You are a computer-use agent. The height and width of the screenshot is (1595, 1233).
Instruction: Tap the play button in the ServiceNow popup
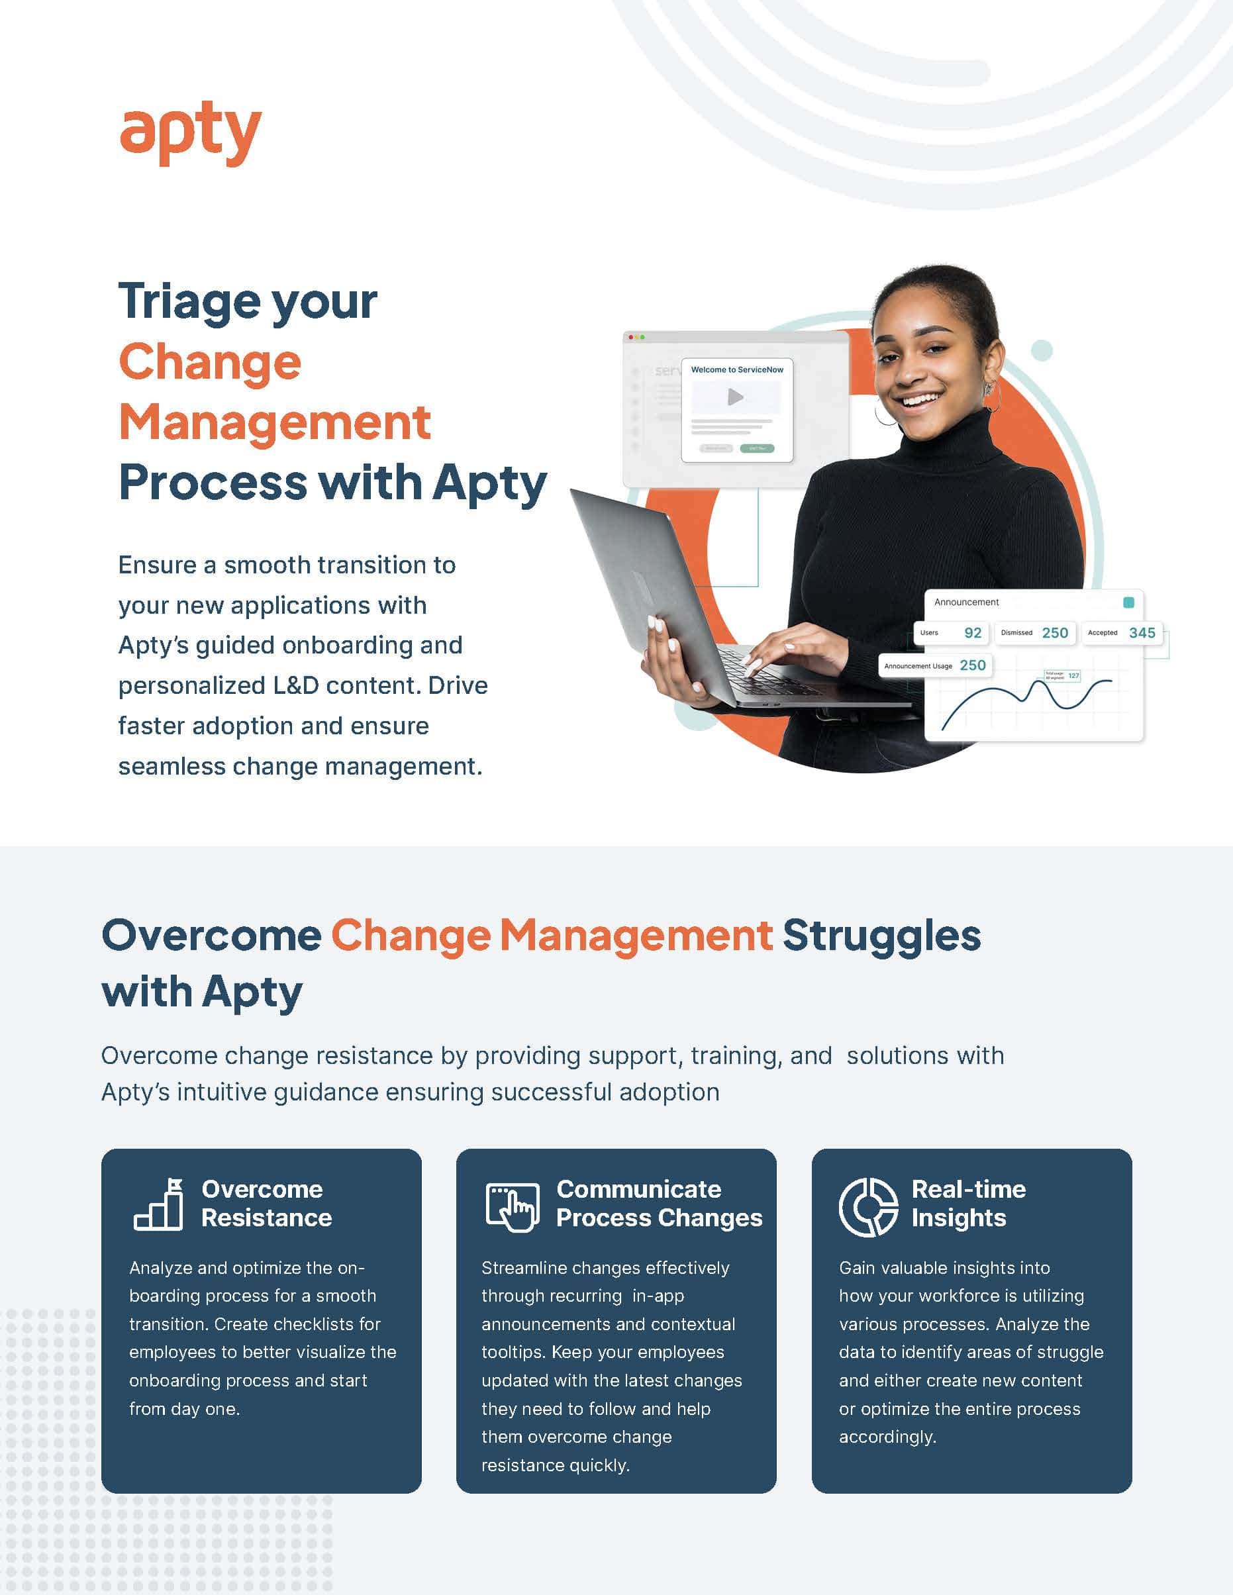coord(736,397)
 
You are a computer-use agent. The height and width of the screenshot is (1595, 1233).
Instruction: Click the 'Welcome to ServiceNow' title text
coord(737,369)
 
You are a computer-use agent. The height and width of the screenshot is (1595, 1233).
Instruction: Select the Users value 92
coord(972,632)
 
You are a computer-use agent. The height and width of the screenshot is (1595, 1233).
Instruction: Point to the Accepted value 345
coord(1142,632)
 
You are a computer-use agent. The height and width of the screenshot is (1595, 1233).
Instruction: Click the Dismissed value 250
coord(1055,632)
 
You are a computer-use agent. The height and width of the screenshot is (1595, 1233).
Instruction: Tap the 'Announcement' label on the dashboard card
coord(965,602)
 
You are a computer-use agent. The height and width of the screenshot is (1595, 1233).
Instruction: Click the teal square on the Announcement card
coord(1128,603)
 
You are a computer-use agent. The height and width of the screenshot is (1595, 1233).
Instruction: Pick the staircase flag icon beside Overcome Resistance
coord(158,1204)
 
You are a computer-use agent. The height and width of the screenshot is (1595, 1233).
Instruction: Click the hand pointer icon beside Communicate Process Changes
coord(513,1206)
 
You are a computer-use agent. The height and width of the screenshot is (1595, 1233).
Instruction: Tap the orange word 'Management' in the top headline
coord(275,423)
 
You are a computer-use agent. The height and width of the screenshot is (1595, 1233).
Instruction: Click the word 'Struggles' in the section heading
coord(881,936)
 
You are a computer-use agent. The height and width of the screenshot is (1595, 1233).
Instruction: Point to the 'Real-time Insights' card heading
coord(968,1204)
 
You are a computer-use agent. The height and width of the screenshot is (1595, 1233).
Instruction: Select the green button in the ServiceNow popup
coord(757,448)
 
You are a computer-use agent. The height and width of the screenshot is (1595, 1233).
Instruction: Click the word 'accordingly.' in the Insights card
coord(887,1437)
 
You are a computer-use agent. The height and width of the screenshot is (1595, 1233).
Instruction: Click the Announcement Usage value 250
coord(972,665)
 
